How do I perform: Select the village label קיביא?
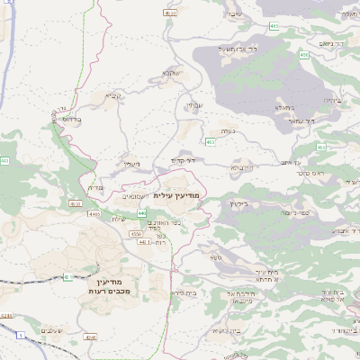[x=113, y=95]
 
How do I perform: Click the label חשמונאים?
[x=132, y=194]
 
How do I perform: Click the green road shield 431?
[x=65, y=277]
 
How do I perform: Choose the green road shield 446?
[x=143, y=213]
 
